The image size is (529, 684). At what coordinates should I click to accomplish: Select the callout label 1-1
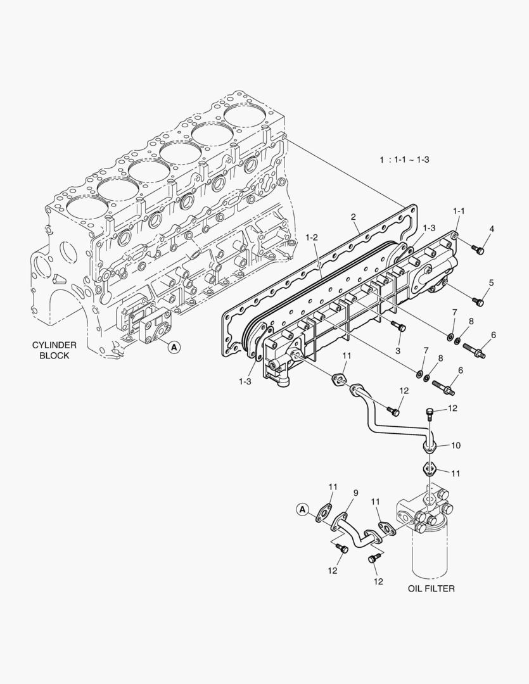click(458, 210)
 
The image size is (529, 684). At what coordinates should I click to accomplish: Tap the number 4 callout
click(491, 229)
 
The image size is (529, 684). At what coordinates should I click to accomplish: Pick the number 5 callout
click(491, 282)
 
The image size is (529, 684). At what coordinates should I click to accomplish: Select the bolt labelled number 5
click(478, 302)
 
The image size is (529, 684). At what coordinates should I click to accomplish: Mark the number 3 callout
click(398, 350)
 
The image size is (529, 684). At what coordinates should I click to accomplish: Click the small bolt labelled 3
click(398, 327)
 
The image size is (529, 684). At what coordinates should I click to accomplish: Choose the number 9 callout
click(355, 492)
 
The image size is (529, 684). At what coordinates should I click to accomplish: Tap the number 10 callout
click(455, 445)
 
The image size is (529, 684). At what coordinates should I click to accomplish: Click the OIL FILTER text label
click(431, 588)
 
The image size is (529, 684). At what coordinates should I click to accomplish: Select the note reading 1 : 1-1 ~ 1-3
click(404, 160)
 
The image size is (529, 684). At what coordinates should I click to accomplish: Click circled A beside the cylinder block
click(174, 346)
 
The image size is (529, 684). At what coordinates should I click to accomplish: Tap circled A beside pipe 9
click(302, 509)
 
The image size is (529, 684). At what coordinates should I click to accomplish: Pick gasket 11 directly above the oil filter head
click(430, 470)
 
